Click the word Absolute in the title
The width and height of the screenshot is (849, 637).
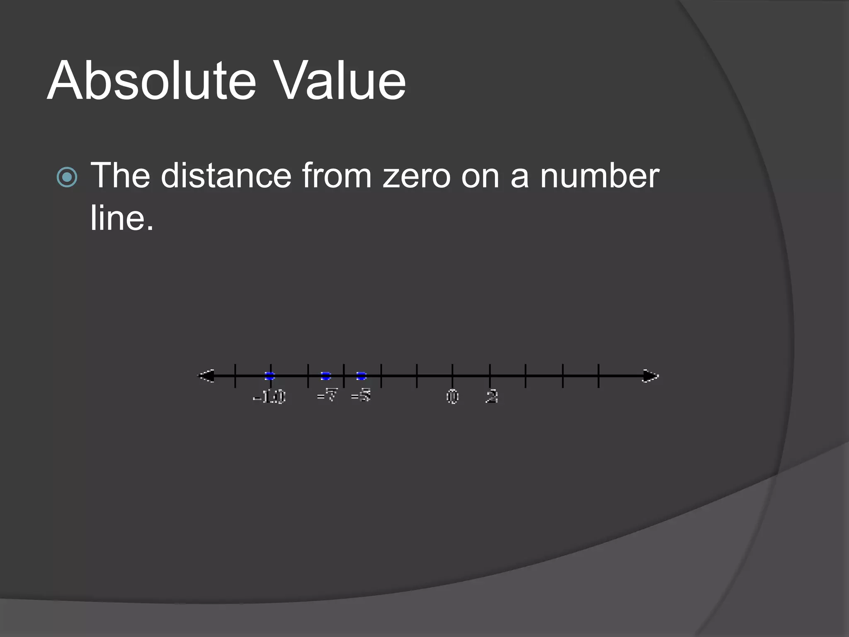pyautogui.click(x=152, y=80)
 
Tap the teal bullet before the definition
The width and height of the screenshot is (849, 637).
pyautogui.click(x=67, y=177)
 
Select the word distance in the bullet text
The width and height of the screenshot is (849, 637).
pyautogui.click(x=226, y=176)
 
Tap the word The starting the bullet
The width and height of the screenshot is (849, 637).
pyautogui.click(x=120, y=176)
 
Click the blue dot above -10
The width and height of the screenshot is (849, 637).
pyautogui.click(x=270, y=376)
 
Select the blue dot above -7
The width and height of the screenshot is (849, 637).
pyautogui.click(x=326, y=376)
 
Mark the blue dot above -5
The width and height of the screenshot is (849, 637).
pyautogui.click(x=361, y=376)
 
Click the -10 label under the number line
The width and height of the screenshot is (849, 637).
pyautogui.click(x=269, y=397)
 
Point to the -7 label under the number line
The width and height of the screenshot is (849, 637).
pyautogui.click(x=327, y=395)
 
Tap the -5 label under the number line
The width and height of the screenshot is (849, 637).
pyautogui.click(x=361, y=395)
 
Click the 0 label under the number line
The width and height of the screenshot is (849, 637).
pyautogui.click(x=452, y=396)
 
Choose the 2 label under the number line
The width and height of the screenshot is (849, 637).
pyautogui.click(x=492, y=396)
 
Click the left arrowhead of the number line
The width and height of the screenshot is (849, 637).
pyautogui.click(x=206, y=376)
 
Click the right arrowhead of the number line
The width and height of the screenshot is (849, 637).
pyautogui.click(x=650, y=376)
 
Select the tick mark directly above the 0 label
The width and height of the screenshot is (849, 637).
pyautogui.click(x=452, y=375)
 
